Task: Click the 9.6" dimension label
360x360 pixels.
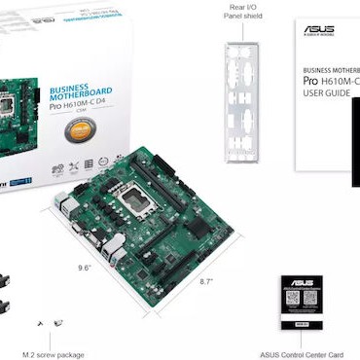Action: click(x=87, y=264)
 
